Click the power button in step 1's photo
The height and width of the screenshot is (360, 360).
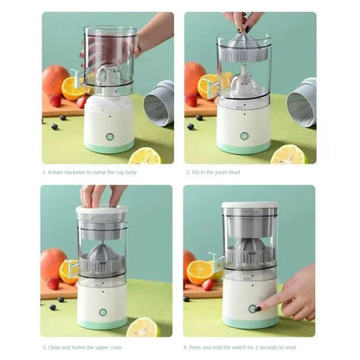click(110, 136)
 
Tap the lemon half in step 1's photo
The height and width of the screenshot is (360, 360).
click(145, 155)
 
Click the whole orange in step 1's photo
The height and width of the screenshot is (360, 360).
click(55, 80)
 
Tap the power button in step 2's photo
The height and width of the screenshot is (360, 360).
click(244, 136)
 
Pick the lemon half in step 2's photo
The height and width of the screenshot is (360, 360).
click(287, 154)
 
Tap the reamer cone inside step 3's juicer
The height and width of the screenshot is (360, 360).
click(102, 257)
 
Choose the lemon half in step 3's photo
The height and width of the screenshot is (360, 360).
click(142, 326)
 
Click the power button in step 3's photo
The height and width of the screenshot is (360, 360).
click(102, 311)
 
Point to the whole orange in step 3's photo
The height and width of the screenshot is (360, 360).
click(53, 263)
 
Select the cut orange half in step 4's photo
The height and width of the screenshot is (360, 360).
click(201, 273)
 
